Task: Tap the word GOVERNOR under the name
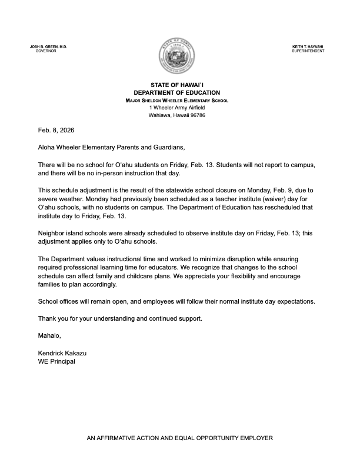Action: [x=45, y=51]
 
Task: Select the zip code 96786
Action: [x=196, y=115]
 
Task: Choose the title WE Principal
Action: [x=56, y=361]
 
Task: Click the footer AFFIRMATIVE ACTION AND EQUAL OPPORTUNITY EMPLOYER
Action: [x=180, y=438]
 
